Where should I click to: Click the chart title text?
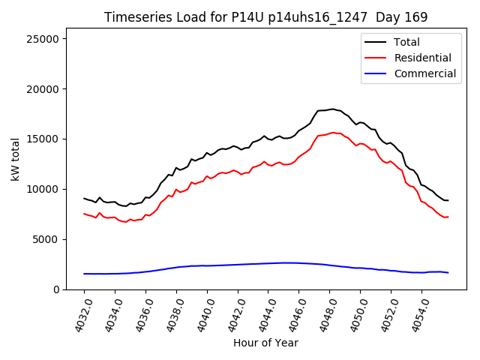pos(265,17)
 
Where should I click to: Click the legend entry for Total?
pos(406,43)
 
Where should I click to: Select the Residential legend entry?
pos(422,58)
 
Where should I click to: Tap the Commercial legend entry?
pos(424,73)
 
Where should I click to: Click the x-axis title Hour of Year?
pos(265,343)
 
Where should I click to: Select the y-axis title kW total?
pos(15,159)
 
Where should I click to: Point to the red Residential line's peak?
pos(332,133)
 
